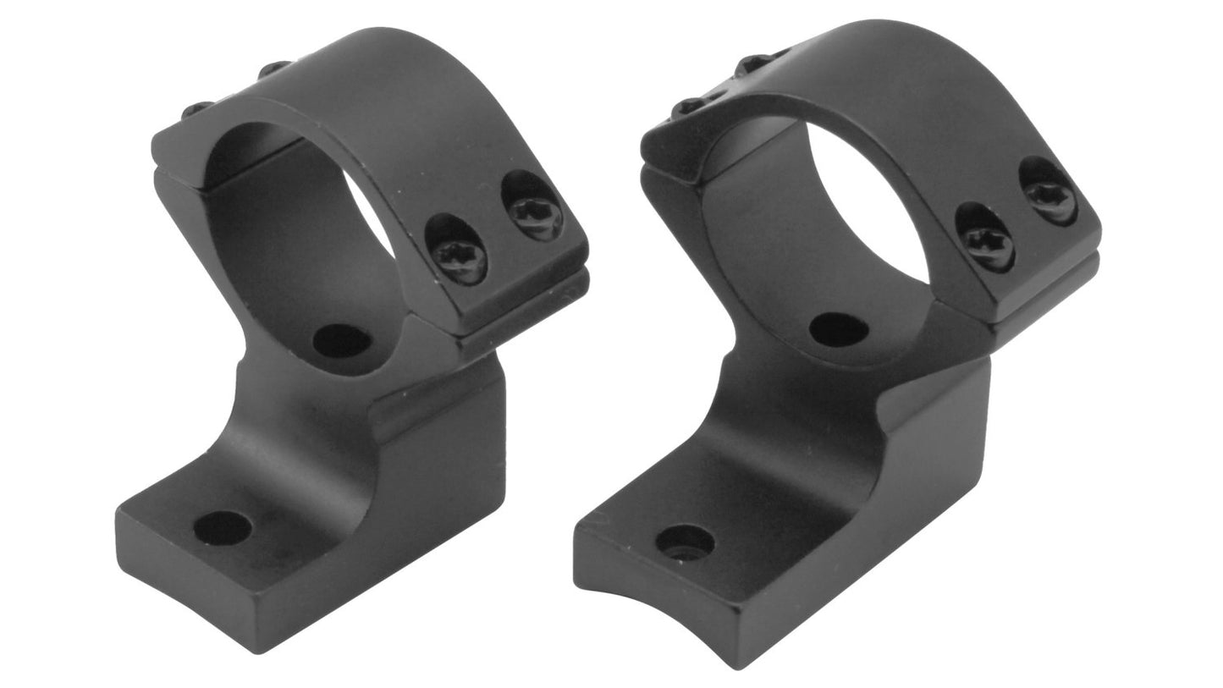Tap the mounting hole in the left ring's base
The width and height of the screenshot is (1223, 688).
pyautogui.click(x=222, y=528)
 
